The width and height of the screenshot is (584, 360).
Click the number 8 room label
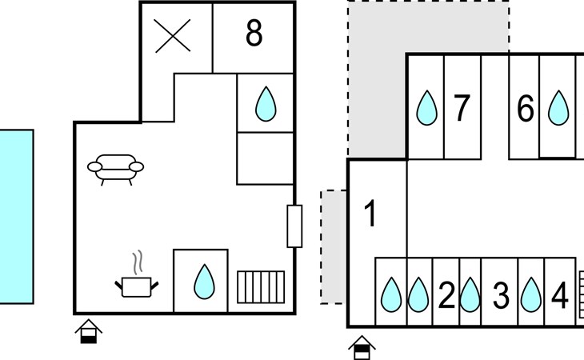(254, 34)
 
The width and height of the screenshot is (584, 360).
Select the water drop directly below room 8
(265, 103)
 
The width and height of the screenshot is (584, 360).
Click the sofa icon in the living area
(116, 168)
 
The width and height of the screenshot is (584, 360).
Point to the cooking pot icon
(138, 281)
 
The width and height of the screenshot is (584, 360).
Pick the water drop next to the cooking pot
(201, 281)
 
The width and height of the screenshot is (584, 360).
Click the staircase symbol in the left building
(261, 284)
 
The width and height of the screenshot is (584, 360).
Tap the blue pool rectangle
(16, 216)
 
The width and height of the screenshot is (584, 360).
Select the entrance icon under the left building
(88, 330)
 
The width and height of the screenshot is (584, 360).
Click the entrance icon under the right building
(362, 348)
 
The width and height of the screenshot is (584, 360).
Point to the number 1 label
(370, 214)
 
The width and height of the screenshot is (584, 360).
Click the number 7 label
(461, 108)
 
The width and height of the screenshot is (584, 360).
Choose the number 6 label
(525, 108)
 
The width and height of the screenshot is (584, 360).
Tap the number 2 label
(446, 296)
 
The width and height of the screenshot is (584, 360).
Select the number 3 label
(501, 296)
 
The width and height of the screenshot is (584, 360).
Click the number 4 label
(559, 296)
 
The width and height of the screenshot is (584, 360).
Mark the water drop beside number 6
(558, 108)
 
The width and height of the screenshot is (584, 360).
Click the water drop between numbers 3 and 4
(530, 295)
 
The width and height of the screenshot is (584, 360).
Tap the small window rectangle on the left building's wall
(294, 226)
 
